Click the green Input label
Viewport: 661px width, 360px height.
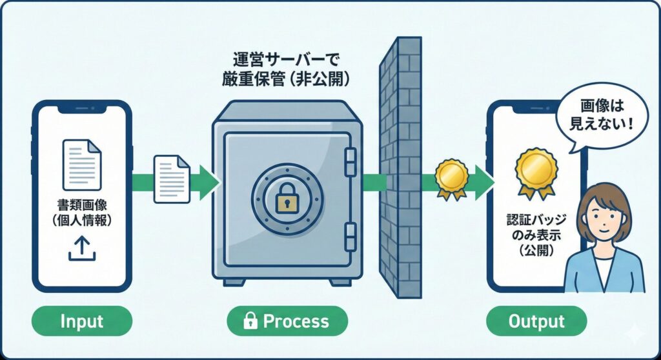click(81, 321)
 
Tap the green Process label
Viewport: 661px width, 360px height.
click(287, 321)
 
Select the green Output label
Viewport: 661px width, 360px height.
click(536, 321)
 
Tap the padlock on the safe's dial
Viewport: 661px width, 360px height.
click(286, 201)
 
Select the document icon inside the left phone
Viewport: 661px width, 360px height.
click(82, 164)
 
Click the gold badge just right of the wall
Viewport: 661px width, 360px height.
click(451, 177)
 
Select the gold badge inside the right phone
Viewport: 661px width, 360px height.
click(536, 171)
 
